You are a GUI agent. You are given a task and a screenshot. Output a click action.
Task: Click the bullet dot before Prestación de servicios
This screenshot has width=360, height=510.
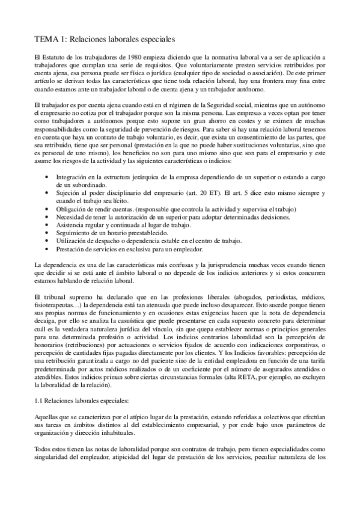pos(47,249)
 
